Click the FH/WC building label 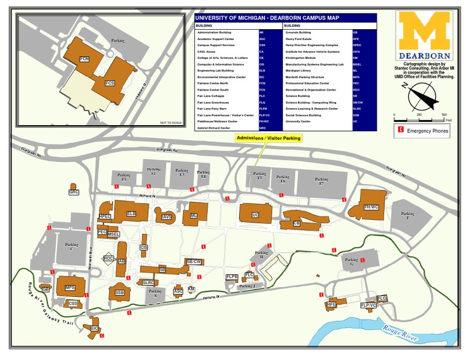371,207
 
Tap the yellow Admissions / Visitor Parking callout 268,138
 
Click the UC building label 255,216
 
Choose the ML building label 194,216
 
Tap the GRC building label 74,192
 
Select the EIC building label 95,328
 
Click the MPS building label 70,287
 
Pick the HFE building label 331,304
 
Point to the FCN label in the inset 84,59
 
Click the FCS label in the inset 110,82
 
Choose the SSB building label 119,293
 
